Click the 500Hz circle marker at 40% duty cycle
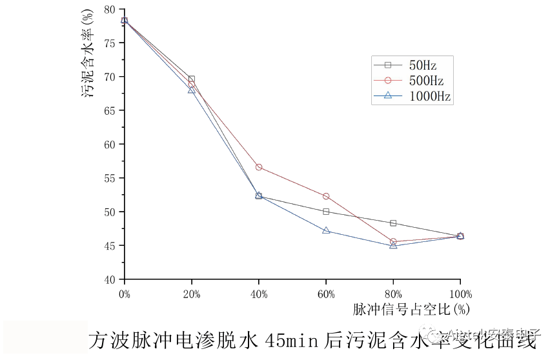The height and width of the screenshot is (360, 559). tap(259, 167)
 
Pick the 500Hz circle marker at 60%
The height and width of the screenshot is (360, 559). tap(326, 196)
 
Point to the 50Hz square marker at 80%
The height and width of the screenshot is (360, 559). tap(393, 223)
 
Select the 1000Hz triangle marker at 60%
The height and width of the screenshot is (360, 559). tap(326, 230)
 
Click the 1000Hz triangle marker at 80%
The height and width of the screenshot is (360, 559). tap(393, 246)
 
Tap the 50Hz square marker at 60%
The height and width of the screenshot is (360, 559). tap(326, 212)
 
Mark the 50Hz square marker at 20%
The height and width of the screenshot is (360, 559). tap(192, 79)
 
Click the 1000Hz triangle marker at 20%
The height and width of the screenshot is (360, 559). tap(192, 90)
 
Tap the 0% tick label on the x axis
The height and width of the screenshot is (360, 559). tap(125, 294)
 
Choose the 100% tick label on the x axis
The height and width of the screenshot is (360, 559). tap(460, 294)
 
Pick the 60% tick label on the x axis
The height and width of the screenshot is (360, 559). tap(326, 294)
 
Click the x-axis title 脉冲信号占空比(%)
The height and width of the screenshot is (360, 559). tap(411, 309)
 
